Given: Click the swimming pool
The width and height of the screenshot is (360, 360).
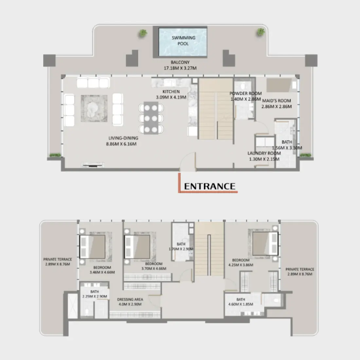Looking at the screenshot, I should [x=183, y=41].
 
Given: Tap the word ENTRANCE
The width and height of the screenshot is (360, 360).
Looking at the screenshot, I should [x=209, y=187].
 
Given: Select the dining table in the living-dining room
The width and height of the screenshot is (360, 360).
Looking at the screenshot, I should [x=151, y=118].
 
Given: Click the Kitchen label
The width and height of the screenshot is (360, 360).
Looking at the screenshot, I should [x=171, y=92].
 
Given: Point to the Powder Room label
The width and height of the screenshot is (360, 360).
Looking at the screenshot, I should [x=245, y=94].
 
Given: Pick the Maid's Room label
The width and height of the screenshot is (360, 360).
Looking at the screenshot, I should [x=277, y=101].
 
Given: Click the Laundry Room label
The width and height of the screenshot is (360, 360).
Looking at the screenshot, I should [x=264, y=153].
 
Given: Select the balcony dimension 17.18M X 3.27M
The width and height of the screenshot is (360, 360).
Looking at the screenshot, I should [x=180, y=68].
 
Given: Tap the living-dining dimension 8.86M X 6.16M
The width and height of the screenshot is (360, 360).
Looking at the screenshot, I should [x=121, y=144].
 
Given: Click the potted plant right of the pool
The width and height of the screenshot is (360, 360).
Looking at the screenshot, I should [x=261, y=32].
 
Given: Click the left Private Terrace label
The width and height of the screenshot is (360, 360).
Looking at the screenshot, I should [x=58, y=259].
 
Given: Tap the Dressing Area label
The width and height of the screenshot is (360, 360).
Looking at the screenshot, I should [x=130, y=299].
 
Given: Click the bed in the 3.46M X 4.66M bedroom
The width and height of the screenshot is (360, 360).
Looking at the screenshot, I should [x=93, y=246].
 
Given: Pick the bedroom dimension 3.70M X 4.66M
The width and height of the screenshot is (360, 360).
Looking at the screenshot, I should [x=154, y=269].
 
